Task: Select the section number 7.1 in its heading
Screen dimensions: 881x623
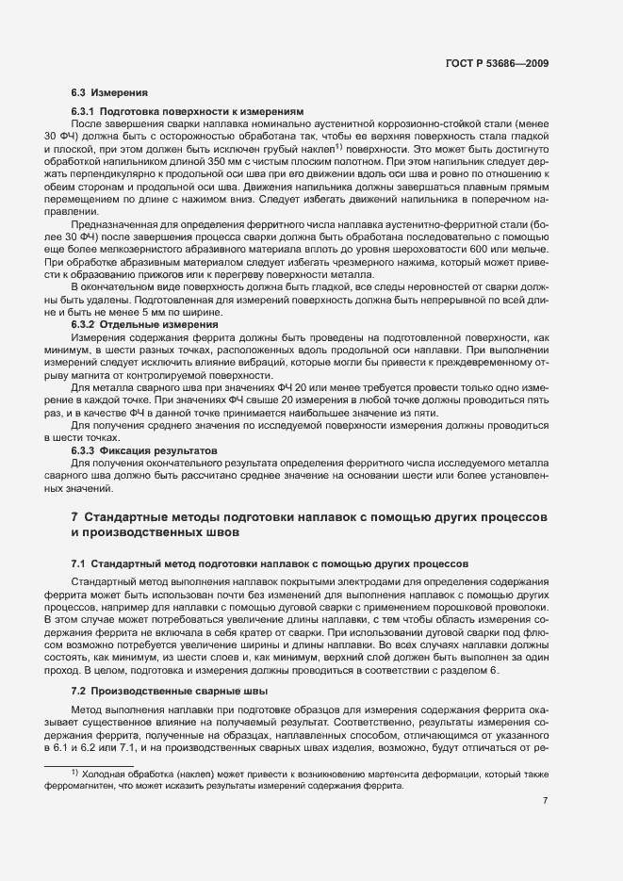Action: click(x=79, y=563)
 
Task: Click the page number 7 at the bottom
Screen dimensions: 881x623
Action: click(x=546, y=801)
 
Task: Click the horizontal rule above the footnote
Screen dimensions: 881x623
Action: click(x=89, y=765)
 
